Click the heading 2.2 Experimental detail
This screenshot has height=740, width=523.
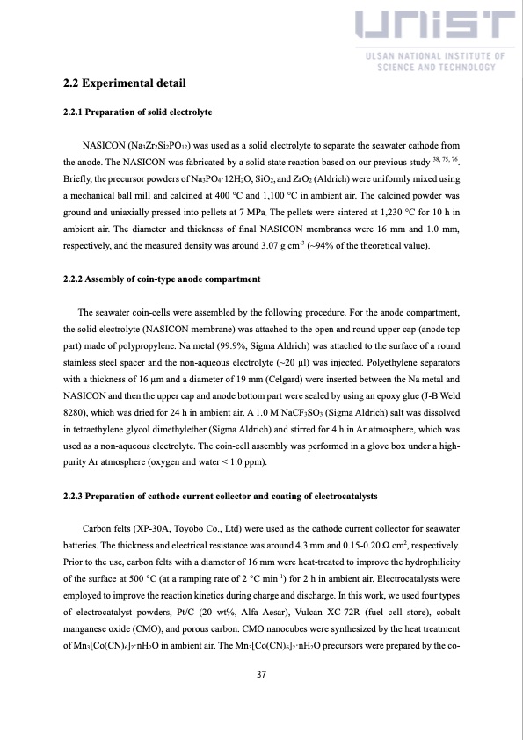(124, 85)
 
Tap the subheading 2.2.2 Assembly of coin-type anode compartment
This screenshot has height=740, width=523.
(162, 279)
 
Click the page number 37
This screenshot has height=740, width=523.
(261, 675)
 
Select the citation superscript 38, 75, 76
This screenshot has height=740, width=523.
(445, 159)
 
